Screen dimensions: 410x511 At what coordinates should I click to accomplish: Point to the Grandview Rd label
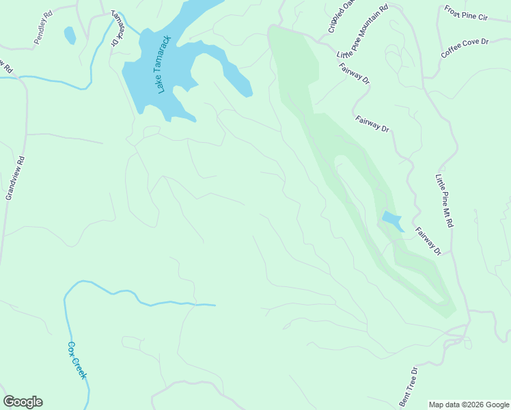(14, 178)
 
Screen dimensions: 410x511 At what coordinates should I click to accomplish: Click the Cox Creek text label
(77, 360)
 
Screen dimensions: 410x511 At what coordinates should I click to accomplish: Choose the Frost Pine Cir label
(467, 13)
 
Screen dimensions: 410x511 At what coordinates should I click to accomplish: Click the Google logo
(23, 402)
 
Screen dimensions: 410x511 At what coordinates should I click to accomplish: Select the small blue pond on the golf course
(391, 221)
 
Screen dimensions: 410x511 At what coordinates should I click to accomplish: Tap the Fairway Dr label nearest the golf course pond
(428, 241)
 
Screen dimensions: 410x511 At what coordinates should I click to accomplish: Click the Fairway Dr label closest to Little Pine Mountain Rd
(354, 74)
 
